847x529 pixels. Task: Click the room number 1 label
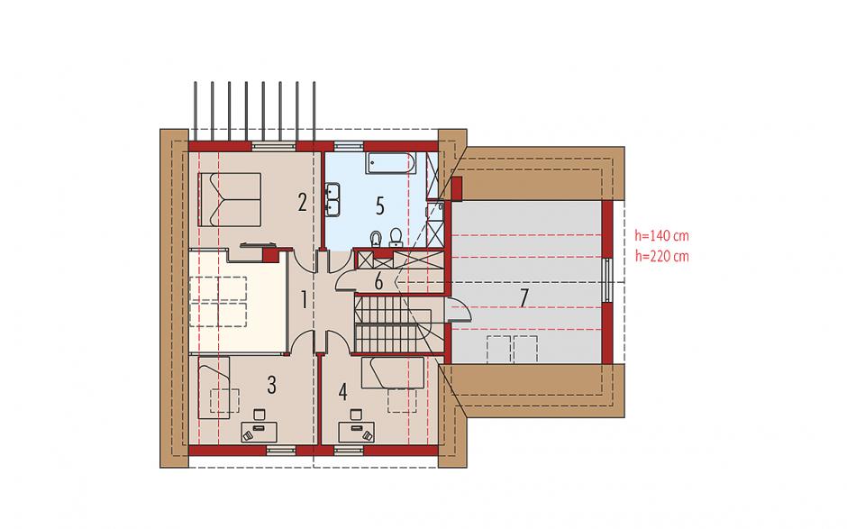click(305, 300)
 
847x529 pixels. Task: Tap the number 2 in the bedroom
click(303, 202)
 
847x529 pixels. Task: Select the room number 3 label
click(272, 385)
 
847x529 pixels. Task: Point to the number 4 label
click(343, 392)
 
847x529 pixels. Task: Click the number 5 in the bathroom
click(379, 205)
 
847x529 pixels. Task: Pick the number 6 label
click(378, 281)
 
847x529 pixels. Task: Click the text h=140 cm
click(661, 235)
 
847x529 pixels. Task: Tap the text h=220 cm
click(661, 256)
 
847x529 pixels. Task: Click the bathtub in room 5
click(390, 162)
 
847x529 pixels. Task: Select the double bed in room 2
click(230, 199)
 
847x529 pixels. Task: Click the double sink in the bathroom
click(332, 199)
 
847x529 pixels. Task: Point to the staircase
click(393, 324)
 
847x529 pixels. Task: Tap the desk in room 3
click(259, 432)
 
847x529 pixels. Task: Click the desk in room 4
click(357, 432)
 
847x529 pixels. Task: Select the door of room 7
click(458, 310)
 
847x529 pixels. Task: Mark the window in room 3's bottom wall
click(281, 450)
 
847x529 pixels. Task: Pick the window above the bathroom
click(349, 146)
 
